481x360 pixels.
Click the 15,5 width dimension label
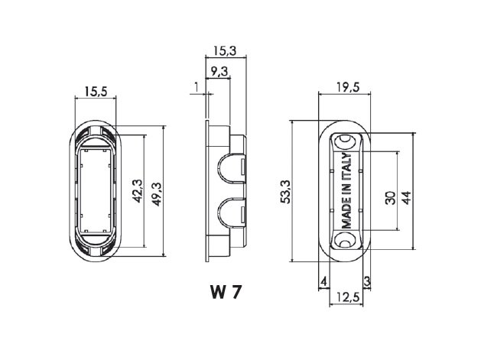coord(96,92)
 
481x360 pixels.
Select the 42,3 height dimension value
coord(138,191)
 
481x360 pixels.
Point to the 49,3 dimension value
coord(157,194)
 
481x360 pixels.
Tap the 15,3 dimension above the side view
coord(225,50)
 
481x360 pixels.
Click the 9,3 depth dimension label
coord(219,72)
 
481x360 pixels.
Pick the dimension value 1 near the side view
coord(197,87)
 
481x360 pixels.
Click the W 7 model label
coord(226,292)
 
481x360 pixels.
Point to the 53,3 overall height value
coord(286,192)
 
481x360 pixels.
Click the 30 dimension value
coord(390,198)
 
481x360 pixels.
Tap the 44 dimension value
coord(406,198)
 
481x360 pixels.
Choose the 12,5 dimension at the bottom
coord(348,297)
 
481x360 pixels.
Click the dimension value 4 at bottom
coord(324,281)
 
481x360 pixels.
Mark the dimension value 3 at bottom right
coord(367,281)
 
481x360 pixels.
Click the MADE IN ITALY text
coord(346,191)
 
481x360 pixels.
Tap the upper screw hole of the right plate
coord(344,141)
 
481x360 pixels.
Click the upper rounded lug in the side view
coord(232,168)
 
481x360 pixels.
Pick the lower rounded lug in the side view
coord(232,212)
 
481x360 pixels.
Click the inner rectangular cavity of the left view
coord(96,190)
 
